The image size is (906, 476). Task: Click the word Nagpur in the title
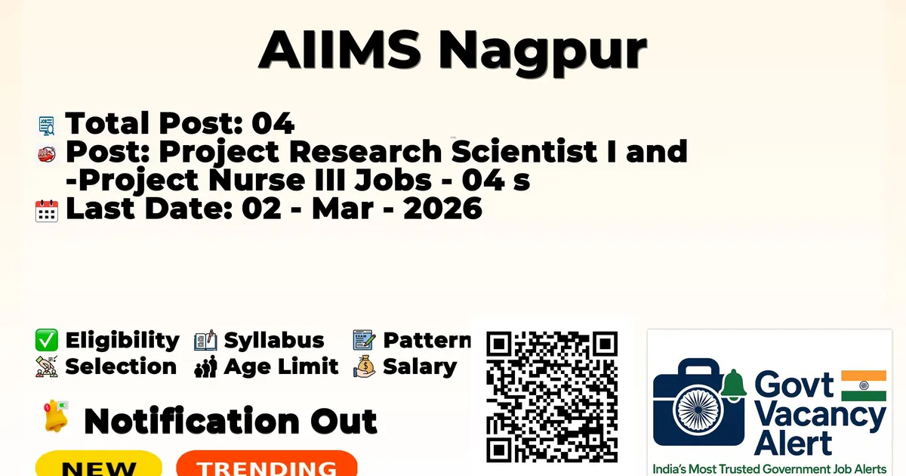pos(543,52)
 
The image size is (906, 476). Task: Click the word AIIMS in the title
pos(340,49)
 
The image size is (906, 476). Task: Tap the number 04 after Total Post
pos(273,123)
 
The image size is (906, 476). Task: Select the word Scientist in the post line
pos(524,151)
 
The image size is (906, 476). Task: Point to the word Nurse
pos(257,180)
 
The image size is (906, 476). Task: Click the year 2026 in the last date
pos(442,209)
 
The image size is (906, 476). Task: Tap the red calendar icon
pos(47,211)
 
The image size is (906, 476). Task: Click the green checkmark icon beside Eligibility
pos(47,340)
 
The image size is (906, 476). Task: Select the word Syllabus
pos(274,341)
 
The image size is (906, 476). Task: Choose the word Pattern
pos(427,340)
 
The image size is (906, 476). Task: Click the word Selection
pos(121,366)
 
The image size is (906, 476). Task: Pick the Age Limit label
pos(281,366)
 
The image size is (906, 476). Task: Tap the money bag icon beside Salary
pos(365,366)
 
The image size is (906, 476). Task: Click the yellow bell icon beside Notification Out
pos(56,416)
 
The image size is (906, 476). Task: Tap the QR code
pos(552,397)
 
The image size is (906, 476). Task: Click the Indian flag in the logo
pos(864,385)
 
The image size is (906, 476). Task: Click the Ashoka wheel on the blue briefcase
pos(698,410)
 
